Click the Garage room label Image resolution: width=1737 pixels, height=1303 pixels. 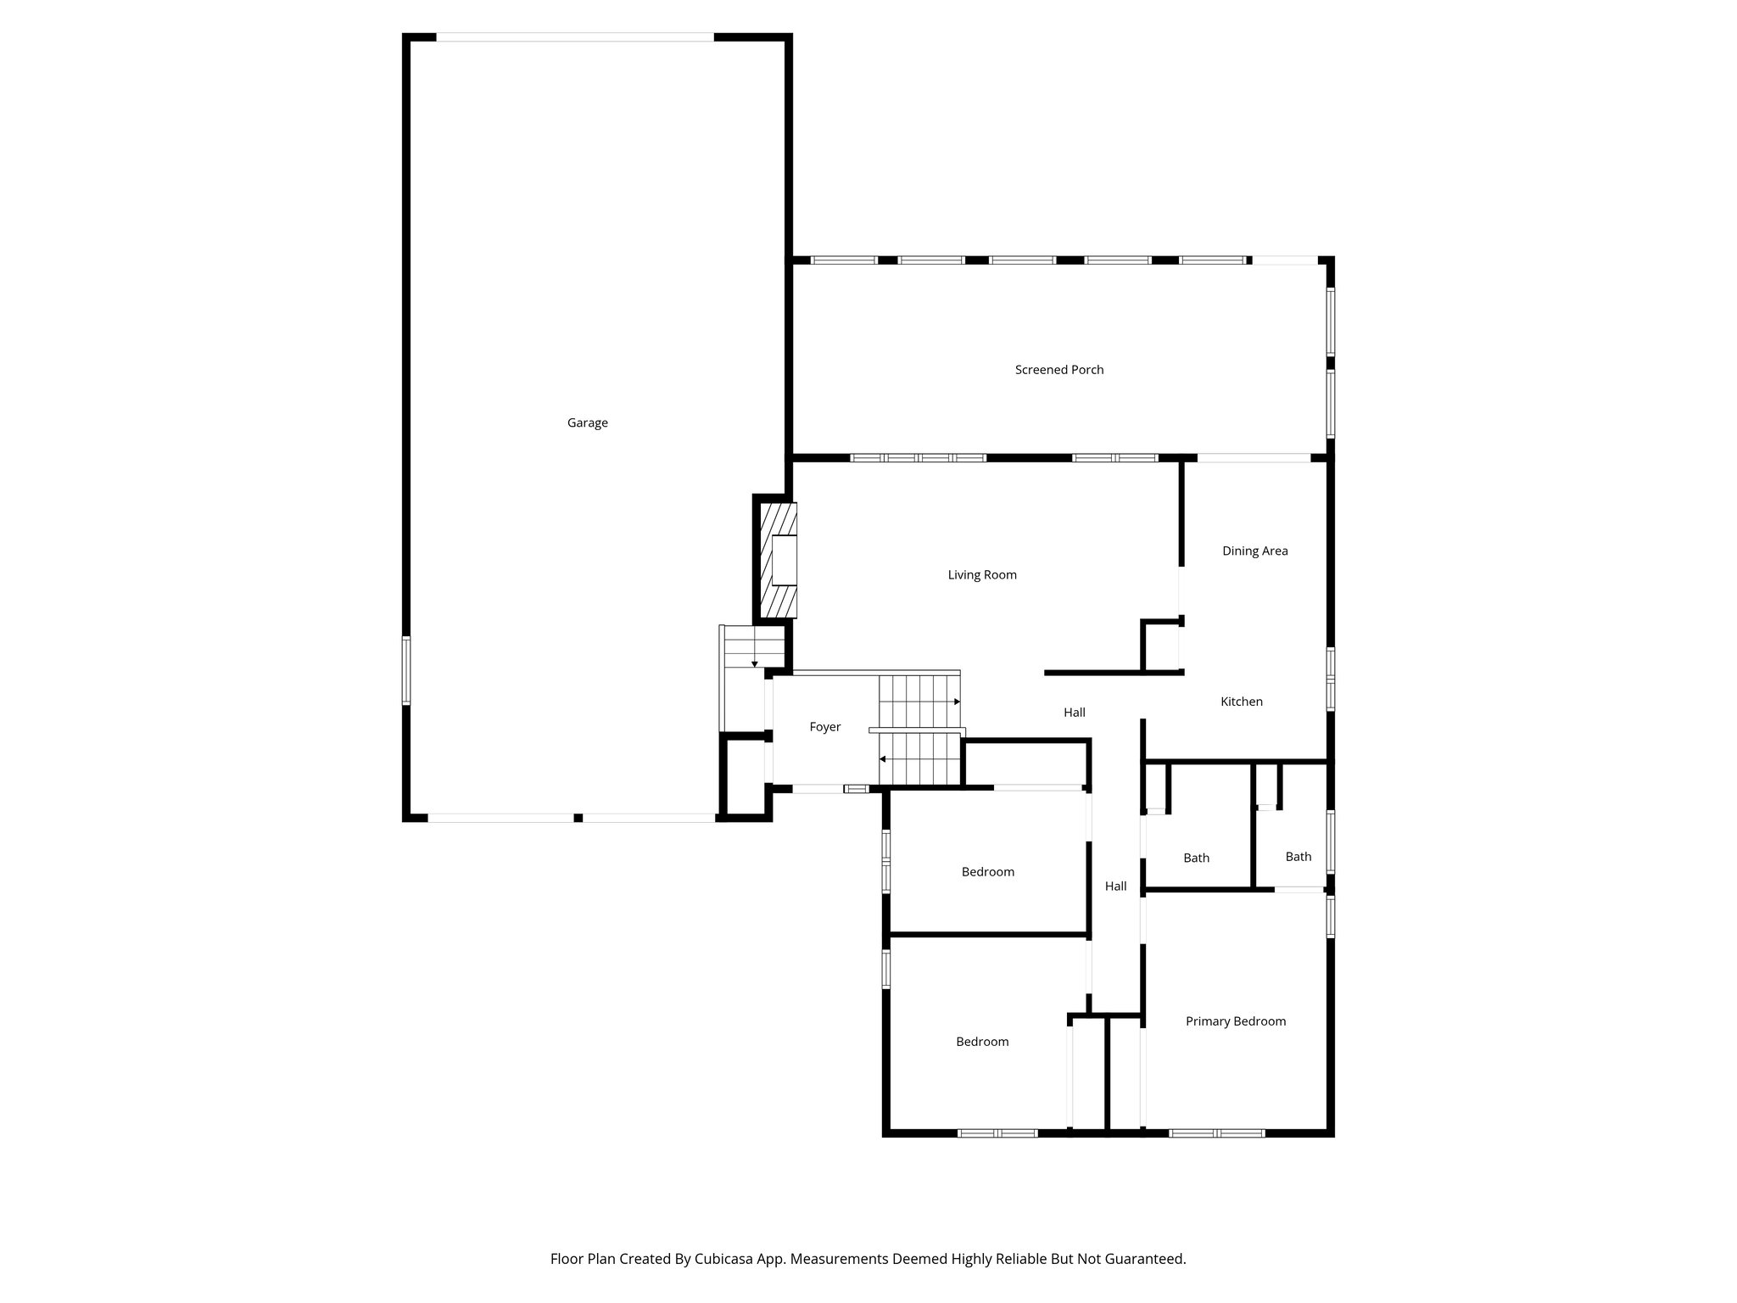[x=587, y=422]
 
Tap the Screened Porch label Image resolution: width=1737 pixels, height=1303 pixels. [x=1059, y=370]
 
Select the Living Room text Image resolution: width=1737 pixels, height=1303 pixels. [x=982, y=575]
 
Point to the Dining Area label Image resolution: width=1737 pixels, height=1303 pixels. [x=1254, y=551]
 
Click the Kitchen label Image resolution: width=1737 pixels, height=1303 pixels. [x=1241, y=702]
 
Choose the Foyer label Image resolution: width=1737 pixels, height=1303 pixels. [x=824, y=727]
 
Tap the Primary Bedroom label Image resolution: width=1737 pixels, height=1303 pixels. [x=1235, y=1021]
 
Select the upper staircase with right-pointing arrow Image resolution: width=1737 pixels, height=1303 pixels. [x=919, y=701]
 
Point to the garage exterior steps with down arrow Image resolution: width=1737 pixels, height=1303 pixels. [x=754, y=647]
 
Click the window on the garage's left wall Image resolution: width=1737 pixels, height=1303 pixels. [x=406, y=670]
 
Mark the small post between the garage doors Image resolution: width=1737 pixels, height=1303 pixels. [x=578, y=818]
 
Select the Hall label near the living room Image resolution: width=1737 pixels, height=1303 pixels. [x=1074, y=713]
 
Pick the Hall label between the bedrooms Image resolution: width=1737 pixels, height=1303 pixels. [x=1115, y=886]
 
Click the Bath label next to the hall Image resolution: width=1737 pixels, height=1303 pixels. [x=1196, y=858]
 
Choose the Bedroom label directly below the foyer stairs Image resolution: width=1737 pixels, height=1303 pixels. [x=987, y=872]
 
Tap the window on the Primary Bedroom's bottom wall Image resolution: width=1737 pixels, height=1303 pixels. [x=1216, y=1132]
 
